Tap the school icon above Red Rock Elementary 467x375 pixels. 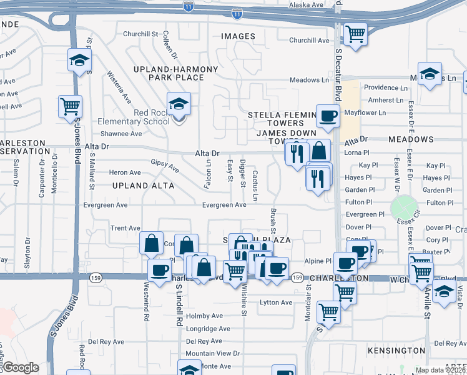pos(179,104)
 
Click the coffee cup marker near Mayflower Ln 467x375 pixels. pos(328,116)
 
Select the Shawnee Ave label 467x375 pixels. pos(121,133)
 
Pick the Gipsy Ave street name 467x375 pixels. pos(165,166)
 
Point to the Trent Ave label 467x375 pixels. pos(125,228)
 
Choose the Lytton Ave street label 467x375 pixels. pos(275,302)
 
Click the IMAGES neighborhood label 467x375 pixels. pos(238,36)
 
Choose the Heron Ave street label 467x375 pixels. pos(125,172)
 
